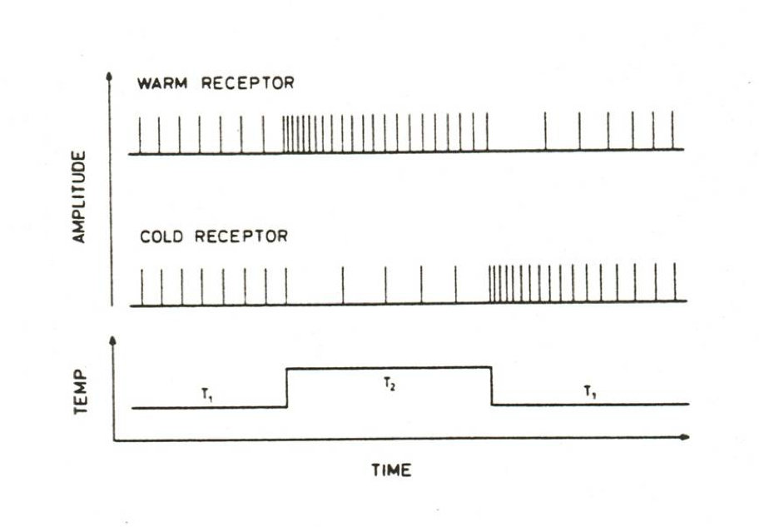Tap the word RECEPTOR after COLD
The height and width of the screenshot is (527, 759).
241,236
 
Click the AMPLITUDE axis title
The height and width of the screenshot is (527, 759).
81,196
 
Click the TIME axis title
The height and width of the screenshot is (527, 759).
391,470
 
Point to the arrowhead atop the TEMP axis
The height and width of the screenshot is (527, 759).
112,341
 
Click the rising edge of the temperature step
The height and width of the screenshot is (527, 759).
286,387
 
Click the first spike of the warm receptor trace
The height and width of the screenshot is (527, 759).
140,135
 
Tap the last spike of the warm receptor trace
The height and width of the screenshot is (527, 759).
673,131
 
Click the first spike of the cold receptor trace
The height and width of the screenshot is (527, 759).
142,286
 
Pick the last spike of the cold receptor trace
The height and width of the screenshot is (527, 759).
674,283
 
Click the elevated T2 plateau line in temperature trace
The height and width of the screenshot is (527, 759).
433,367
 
